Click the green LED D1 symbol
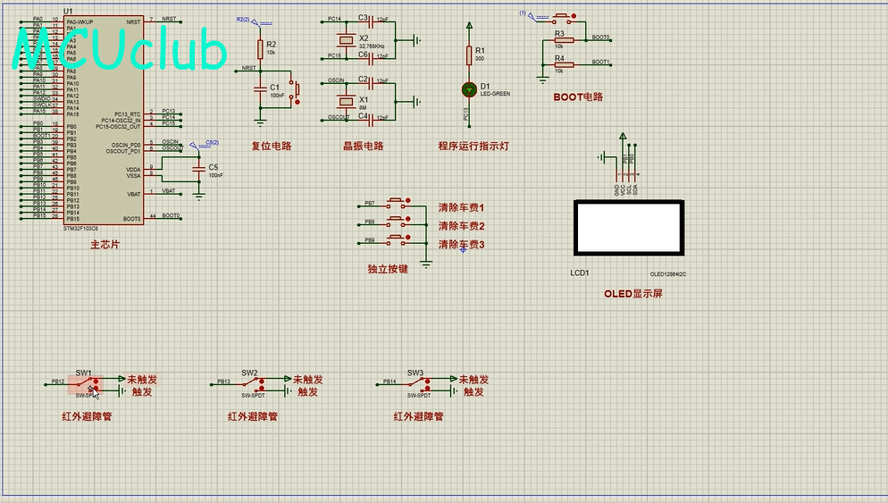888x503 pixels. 469,89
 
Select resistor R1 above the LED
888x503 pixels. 469,55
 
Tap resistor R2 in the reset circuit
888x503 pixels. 260,49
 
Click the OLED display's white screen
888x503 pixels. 628,228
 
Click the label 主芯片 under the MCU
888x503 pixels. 105,244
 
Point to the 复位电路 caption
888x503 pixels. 271,146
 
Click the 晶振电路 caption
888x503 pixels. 363,146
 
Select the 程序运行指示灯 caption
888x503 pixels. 473,146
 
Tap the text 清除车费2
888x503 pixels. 461,226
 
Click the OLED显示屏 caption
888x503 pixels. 633,293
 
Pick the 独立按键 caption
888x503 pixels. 388,268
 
